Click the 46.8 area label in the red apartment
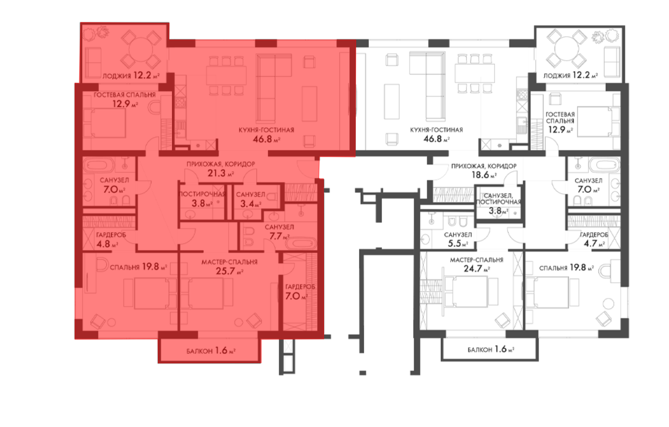pyautogui.click(x=266, y=139)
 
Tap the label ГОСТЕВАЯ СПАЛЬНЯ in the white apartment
pyautogui.click(x=560, y=118)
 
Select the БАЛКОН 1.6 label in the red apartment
pyautogui.click(x=211, y=350)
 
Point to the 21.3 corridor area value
pyautogui.click(x=220, y=173)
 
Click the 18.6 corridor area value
pyautogui.click(x=484, y=175)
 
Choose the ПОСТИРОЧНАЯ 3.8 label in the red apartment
pyautogui.click(x=202, y=199)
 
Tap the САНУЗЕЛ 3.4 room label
pyautogui.click(x=250, y=199)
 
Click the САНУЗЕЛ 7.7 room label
pyautogui.click(x=279, y=232)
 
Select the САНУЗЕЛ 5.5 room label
pyautogui.click(x=458, y=239)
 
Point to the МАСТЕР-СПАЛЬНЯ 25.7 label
pyautogui.click(x=229, y=267)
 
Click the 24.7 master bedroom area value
pyautogui.click(x=477, y=269)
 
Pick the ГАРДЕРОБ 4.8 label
pyautogui.click(x=111, y=240)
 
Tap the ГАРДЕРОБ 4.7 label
pyautogui.click(x=594, y=239)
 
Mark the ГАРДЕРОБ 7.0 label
pyautogui.click(x=300, y=292)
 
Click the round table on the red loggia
pyautogui.click(x=141, y=49)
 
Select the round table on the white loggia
pyautogui.click(x=566, y=49)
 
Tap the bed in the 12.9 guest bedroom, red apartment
pyautogui.click(x=104, y=122)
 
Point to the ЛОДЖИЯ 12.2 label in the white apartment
pyautogui.click(x=570, y=75)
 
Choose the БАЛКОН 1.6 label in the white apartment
pyautogui.click(x=491, y=349)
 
